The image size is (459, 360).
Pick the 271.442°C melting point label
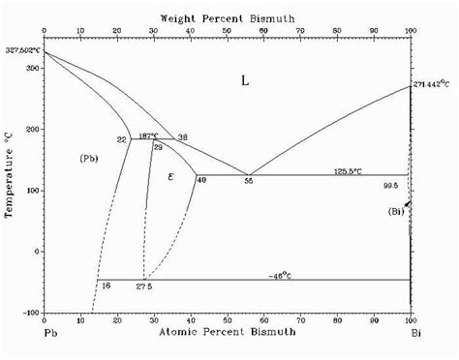[433, 86]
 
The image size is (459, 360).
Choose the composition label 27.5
[144, 287]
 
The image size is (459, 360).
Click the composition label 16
[106, 287]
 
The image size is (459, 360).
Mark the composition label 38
[182, 136]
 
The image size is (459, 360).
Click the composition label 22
[122, 140]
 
